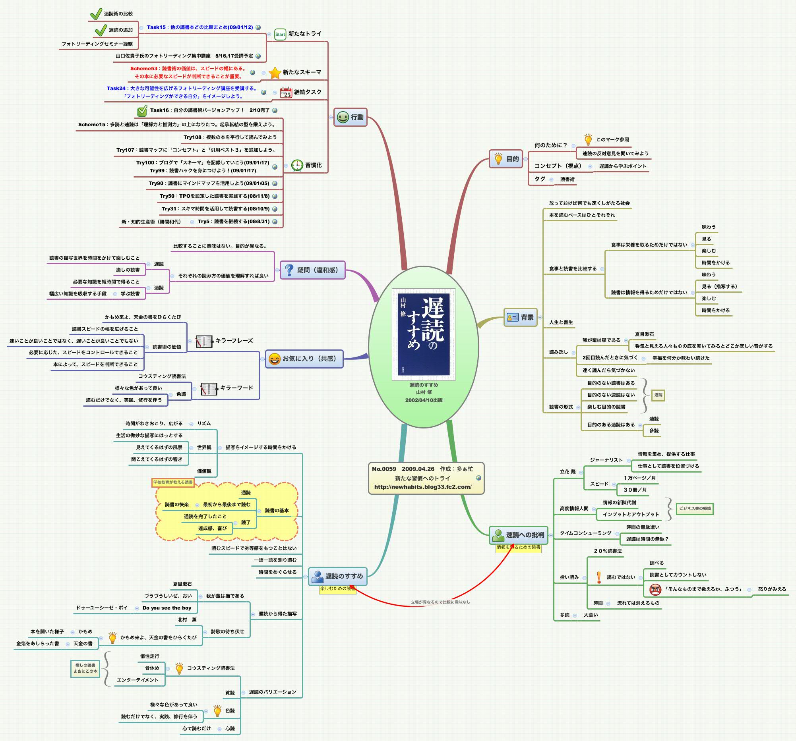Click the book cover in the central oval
point(423,334)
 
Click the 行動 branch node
point(351,117)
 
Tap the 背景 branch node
point(520,317)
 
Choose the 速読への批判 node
point(519,535)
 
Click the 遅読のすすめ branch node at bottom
point(337,576)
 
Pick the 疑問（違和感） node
point(312,270)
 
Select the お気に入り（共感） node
point(304,359)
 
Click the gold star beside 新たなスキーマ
point(275,73)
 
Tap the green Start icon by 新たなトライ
point(280,34)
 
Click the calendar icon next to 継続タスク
point(286,93)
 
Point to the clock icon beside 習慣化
point(297,165)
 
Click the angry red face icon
point(655,589)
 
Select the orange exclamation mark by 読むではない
point(599,577)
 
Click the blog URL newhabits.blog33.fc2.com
point(423,487)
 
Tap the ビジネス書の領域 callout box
point(695,509)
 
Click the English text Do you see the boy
point(167,608)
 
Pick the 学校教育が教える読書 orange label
point(173,482)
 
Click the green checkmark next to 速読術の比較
point(96,14)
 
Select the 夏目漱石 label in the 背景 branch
point(644,334)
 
